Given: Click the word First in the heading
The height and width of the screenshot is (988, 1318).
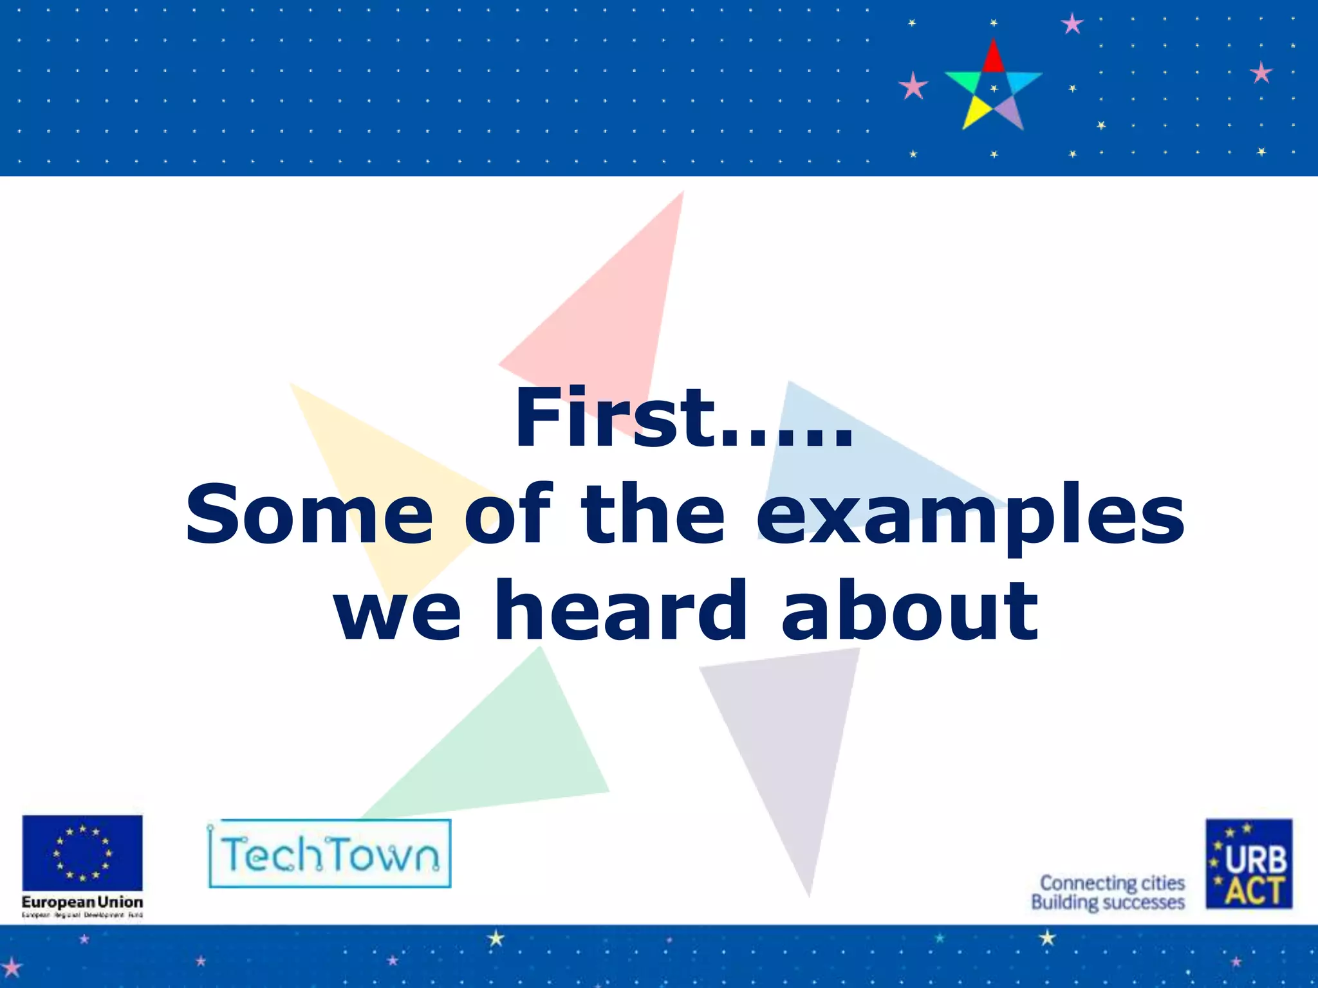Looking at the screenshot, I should (x=615, y=418).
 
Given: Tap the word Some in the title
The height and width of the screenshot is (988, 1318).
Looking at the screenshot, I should (x=309, y=515).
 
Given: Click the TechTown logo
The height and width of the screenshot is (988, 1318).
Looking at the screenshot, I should (x=329, y=854).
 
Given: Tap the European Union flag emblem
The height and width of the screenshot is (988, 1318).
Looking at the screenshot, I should (x=82, y=852).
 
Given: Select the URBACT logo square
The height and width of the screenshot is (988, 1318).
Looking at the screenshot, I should (x=1248, y=863).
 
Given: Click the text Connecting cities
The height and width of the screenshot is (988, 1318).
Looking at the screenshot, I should (x=1112, y=883).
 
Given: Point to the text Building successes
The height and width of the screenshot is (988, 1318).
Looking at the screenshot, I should (x=1108, y=902).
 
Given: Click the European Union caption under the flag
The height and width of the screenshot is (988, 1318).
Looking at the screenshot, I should (x=82, y=902).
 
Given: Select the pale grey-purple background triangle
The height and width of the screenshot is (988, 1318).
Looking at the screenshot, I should (x=792, y=740).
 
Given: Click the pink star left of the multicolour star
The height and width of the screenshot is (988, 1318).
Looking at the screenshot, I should (x=913, y=86).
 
